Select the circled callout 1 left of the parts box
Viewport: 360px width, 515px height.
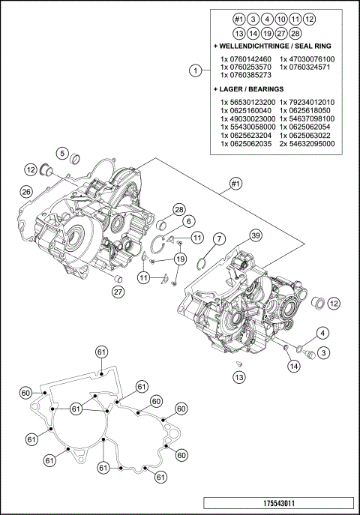(x=195, y=71)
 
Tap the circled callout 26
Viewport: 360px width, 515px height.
(x=25, y=193)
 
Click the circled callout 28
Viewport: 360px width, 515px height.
(x=179, y=209)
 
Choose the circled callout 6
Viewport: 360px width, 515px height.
(x=188, y=221)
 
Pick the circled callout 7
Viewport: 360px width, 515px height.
(x=218, y=238)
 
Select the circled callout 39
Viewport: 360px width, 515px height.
(x=256, y=236)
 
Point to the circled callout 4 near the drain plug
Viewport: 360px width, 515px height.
(x=322, y=332)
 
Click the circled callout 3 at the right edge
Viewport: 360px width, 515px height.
(x=322, y=352)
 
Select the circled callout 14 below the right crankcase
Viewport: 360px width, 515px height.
(x=293, y=365)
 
